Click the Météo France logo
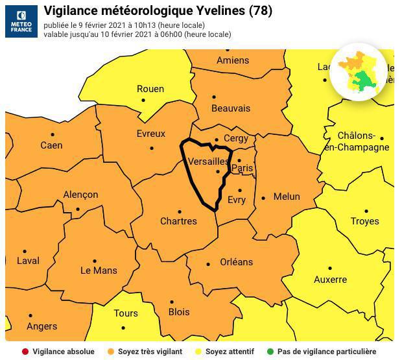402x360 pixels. point(21,21)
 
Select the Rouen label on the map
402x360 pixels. point(150,89)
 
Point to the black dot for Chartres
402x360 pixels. point(180,211)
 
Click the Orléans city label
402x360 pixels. point(236,262)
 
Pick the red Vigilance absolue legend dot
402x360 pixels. point(25,352)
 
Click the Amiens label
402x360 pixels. point(232,60)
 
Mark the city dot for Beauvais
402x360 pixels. point(214,97)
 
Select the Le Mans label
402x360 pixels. point(99,270)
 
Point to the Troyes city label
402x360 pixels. point(364,221)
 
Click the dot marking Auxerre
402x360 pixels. point(329,268)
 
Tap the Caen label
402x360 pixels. point(51,145)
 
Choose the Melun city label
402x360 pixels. point(287,197)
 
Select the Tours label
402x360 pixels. point(126,313)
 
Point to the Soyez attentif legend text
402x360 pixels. point(230,352)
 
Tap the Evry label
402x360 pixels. point(237,200)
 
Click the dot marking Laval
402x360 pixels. point(25,251)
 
